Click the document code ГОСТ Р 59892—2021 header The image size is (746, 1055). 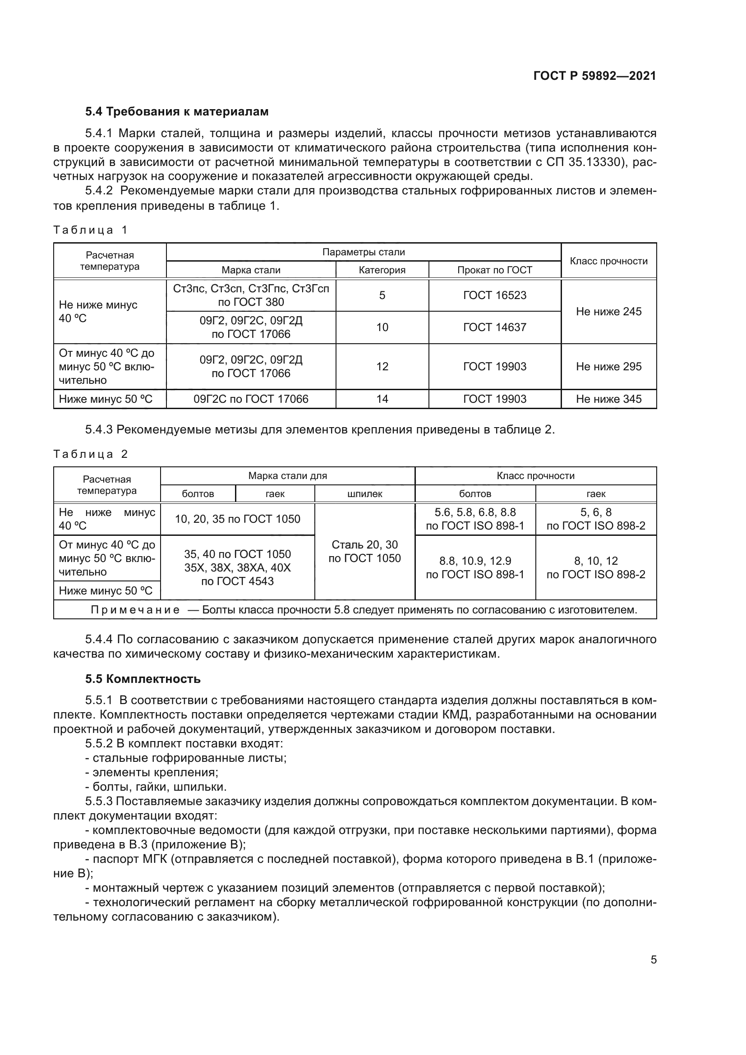coord(594,76)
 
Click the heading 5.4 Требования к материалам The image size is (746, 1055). coord(177,112)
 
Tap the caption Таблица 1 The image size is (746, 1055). coord(90,230)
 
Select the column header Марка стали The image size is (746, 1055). coord(251,270)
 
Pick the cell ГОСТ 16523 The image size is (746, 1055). coord(495,295)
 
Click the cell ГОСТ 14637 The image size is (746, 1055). coord(495,327)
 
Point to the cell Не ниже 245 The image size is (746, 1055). coord(608,312)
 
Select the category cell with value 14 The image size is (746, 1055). coord(382,399)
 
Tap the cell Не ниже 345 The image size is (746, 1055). coord(608,399)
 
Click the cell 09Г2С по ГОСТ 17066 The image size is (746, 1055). coord(251,399)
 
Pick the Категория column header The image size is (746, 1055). coord(382,270)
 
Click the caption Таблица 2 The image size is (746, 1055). coord(90,455)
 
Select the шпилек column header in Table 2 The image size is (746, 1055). coord(365,494)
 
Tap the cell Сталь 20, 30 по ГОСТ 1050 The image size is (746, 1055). coord(365,551)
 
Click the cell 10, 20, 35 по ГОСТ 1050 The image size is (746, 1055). coord(238,519)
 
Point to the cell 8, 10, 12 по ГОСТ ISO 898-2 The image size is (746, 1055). coord(596,567)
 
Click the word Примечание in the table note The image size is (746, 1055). coord(135,610)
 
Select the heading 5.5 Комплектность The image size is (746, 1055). coord(143,679)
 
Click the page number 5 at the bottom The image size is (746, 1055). coord(653,960)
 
